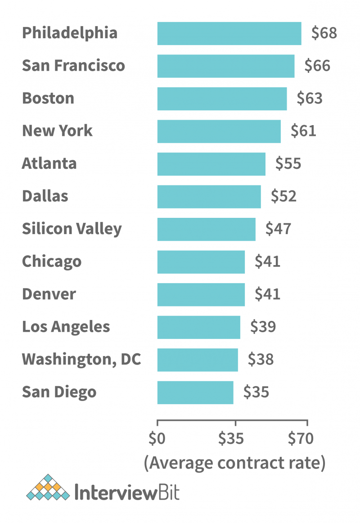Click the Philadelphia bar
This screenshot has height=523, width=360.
(x=229, y=33)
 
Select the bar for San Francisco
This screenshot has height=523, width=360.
(x=226, y=66)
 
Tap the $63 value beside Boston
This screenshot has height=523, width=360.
(x=310, y=99)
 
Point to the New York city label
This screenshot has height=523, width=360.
(x=57, y=131)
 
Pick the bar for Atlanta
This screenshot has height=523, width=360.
(x=211, y=164)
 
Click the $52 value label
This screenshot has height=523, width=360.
(x=283, y=196)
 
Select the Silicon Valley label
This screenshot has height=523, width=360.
(x=72, y=229)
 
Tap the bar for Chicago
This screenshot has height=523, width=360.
(x=201, y=262)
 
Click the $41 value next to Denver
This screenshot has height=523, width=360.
(x=267, y=294)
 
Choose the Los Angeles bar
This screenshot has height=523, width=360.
(x=198, y=327)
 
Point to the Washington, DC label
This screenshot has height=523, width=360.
(x=81, y=359)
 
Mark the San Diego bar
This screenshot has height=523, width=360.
(x=195, y=392)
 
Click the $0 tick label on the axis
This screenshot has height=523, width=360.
(x=157, y=438)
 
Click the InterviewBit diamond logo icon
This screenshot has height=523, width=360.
(x=48, y=488)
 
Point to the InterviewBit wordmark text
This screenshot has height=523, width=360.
(x=127, y=491)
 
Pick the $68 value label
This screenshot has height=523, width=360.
(x=324, y=33)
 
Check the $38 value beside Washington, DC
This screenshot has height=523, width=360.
(x=261, y=360)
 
